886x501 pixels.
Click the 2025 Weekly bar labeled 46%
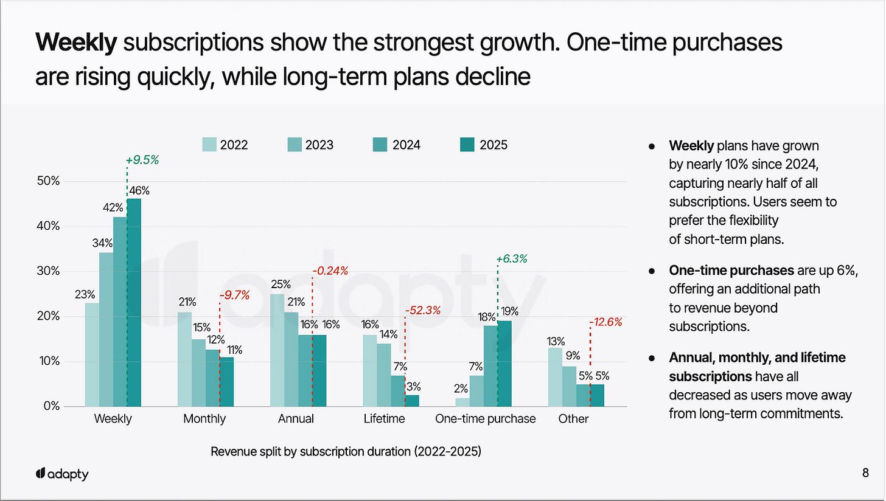pos(134,302)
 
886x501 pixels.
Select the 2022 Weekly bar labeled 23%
pos(92,354)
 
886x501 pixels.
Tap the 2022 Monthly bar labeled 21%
pos(184,359)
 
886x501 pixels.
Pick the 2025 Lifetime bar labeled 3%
pos(411,401)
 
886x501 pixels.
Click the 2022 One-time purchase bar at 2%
pos(462,403)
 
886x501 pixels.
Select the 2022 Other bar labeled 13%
pos(555,377)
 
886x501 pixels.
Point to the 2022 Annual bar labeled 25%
pos(277,350)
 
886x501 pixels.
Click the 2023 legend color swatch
pos(295,145)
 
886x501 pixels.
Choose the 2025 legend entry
pos(484,145)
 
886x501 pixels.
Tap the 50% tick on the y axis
pos(47,181)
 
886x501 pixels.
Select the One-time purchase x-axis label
pos(485,419)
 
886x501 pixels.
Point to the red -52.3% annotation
pos(424,311)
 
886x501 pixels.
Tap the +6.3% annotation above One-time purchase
pos(511,259)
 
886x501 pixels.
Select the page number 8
pos(865,474)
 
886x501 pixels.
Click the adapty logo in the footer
pos(61,474)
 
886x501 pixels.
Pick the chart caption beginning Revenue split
pos(346,452)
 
